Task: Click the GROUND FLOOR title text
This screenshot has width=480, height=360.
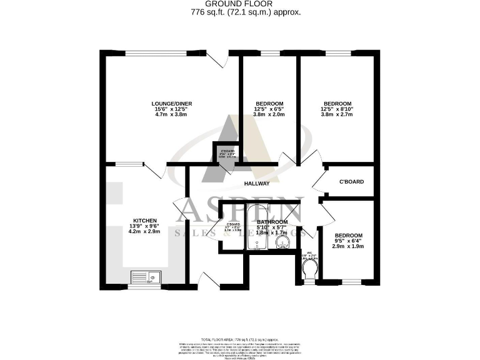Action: click(x=239, y=3)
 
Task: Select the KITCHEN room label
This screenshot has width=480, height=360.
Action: click(x=144, y=221)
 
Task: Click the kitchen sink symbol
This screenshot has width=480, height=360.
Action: click(x=145, y=276)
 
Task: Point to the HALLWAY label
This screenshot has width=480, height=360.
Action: click(x=256, y=183)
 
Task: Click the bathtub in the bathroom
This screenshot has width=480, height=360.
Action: click(x=256, y=227)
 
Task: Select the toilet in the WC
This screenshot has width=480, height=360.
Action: click(x=308, y=269)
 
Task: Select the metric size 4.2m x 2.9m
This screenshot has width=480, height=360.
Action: click(x=144, y=232)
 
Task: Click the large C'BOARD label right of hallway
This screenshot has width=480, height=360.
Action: click(x=351, y=182)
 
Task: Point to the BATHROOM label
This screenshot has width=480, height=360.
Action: click(x=272, y=222)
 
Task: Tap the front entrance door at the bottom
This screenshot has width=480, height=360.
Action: click(x=210, y=280)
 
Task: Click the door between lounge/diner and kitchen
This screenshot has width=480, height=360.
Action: click(x=154, y=170)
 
